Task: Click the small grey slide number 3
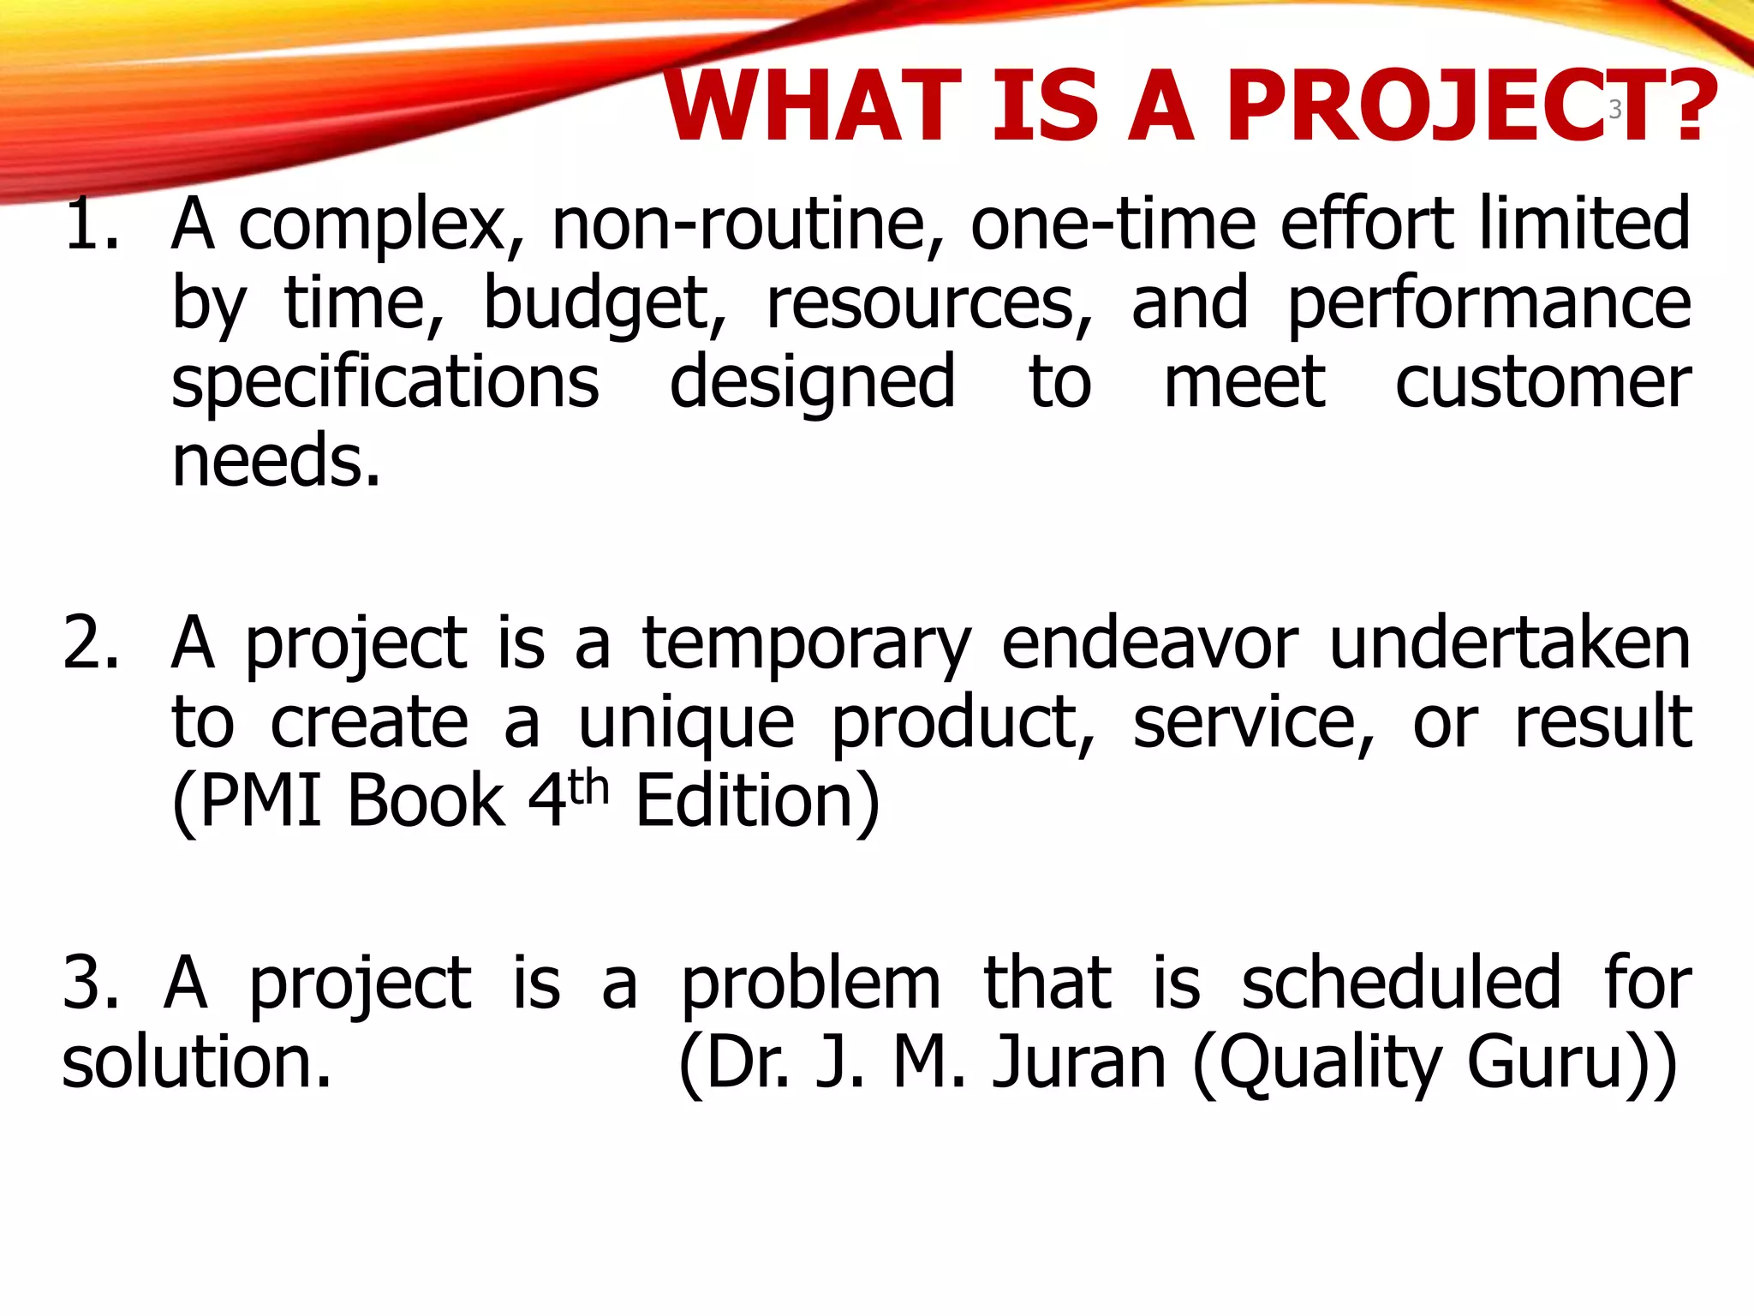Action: (1615, 110)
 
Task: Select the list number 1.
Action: (91, 224)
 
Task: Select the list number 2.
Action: (91, 644)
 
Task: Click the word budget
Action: (605, 305)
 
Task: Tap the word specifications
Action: (385, 384)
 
